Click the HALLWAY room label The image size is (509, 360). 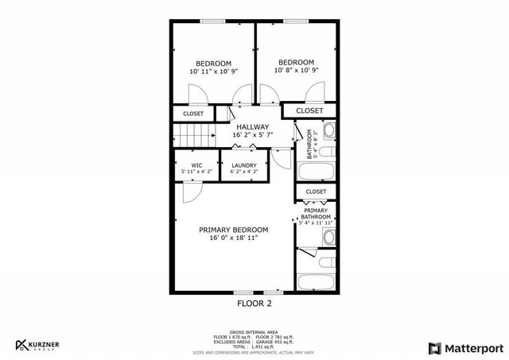click(x=251, y=127)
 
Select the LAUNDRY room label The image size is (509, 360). click(x=243, y=165)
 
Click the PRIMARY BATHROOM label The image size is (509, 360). click(x=316, y=214)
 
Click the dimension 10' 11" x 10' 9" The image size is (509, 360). click(x=213, y=72)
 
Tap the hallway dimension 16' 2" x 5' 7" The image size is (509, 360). click(x=251, y=135)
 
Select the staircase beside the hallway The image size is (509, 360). click(x=195, y=137)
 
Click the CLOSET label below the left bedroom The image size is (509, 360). click(x=193, y=114)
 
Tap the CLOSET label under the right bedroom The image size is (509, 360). click(x=309, y=110)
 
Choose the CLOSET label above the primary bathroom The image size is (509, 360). click(x=316, y=192)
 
